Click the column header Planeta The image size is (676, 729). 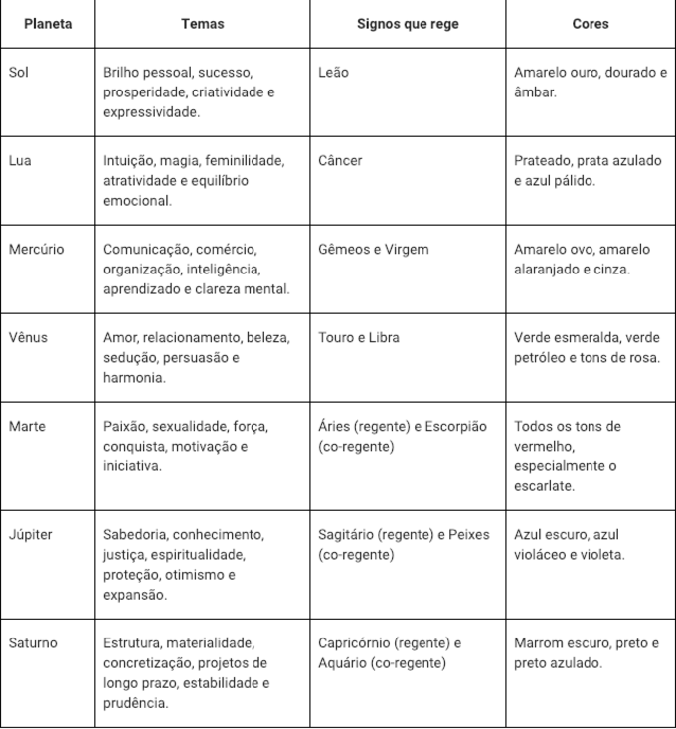pos(47,23)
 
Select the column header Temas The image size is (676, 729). pos(202,23)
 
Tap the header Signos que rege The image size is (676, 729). pos(407,23)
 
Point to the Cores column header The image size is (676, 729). pos(591,23)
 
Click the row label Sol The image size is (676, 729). pos(19,73)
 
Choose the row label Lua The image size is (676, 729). pos(20,161)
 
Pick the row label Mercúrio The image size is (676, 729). pos(36,250)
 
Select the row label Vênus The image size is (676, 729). pos(28,338)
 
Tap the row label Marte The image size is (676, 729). pos(27,427)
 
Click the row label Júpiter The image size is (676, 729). pos(31,535)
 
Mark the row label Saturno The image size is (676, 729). pos(33,643)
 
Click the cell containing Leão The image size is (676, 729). pos(334,73)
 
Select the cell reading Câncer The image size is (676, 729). pos(341,161)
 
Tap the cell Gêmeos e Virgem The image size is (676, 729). pos(374,250)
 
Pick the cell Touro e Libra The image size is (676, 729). pos(359,338)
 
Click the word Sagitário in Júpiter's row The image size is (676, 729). pos(347,535)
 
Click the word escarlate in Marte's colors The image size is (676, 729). pos(545,486)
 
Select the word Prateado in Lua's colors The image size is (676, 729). pos(544,161)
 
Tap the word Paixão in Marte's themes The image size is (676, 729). pos(126,427)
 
